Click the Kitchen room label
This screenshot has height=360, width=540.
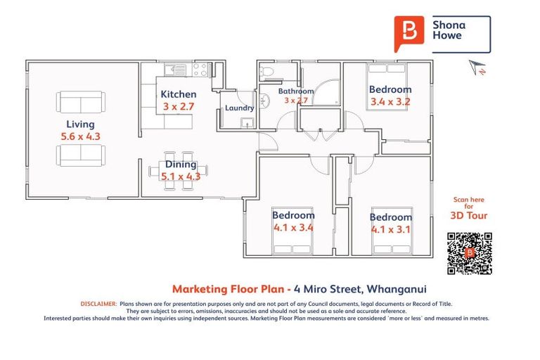point(179,94)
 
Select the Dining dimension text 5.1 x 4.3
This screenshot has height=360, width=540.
point(181,176)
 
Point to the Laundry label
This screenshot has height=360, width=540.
point(239,108)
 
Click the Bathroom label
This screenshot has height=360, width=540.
point(295,91)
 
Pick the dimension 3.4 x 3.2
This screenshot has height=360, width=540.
point(390,101)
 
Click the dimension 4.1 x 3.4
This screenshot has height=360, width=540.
point(294,227)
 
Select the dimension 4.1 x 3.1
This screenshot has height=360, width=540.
point(391,229)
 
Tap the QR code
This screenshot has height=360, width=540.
point(469,253)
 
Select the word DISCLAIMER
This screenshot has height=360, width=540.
point(98,303)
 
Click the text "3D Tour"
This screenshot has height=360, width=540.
point(469,215)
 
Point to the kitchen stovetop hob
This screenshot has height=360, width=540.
point(200,69)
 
